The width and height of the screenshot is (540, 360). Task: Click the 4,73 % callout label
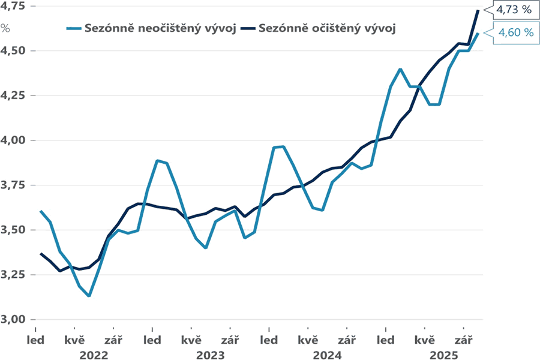coord(514,10)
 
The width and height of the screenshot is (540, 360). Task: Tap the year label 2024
coord(327,355)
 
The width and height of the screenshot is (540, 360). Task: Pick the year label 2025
coord(444,355)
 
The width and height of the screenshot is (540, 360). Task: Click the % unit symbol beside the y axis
coord(5,28)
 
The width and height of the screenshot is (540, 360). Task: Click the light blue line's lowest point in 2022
coord(89,296)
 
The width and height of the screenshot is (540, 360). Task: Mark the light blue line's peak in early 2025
coord(400,69)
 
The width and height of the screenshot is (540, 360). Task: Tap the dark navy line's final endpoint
coord(478,11)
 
